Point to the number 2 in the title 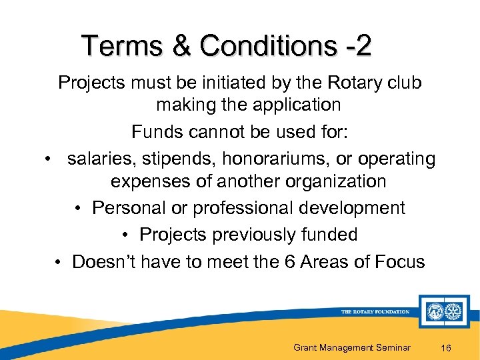click(x=363, y=47)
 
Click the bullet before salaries click(x=49, y=159)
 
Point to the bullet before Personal click(x=78, y=208)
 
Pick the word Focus click(x=397, y=261)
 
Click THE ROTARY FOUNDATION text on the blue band click(x=375, y=311)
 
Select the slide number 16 click(x=447, y=347)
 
